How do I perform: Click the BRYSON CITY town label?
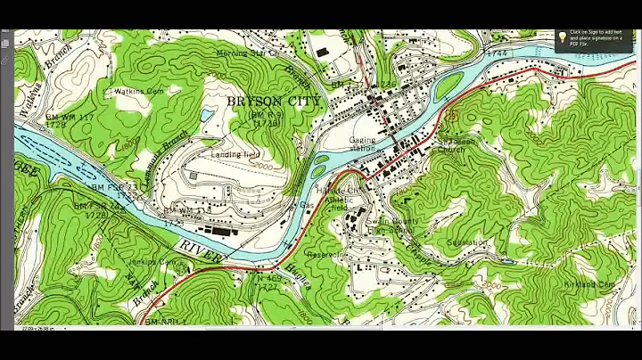pyautogui.click(x=273, y=101)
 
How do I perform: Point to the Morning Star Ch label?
pyautogui.click(x=247, y=53)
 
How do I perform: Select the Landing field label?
pyautogui.click(x=233, y=154)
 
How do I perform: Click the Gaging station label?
pyautogui.click(x=363, y=144)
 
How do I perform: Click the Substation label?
pyautogui.click(x=467, y=241)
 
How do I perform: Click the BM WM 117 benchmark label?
pyautogui.click(x=70, y=118)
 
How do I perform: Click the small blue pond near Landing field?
pyautogui.click(x=207, y=115)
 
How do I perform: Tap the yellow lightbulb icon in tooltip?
pyautogui.click(x=563, y=37)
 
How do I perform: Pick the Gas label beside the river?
pyautogui.click(x=307, y=205)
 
